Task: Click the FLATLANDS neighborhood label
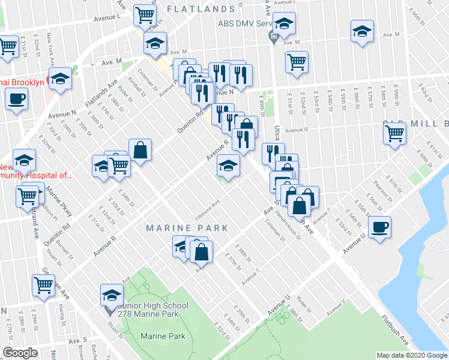coord(200,9)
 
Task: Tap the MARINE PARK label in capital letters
coord(188,228)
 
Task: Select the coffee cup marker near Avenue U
coord(379,228)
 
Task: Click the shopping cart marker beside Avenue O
coord(394,133)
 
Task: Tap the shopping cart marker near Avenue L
coord(145,16)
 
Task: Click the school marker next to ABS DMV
coord(284,25)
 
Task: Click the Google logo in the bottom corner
coord(20,353)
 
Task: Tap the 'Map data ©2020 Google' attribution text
coord(411,355)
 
